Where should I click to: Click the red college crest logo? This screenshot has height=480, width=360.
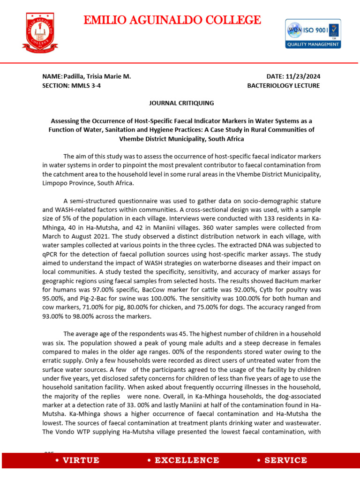click(40, 32)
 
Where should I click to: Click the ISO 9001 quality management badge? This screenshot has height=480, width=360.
click(313, 33)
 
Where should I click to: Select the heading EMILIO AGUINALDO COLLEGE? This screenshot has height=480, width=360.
click(172, 20)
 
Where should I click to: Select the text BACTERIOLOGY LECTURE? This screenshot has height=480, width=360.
click(283, 86)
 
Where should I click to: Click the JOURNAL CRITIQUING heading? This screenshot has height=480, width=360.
click(181, 103)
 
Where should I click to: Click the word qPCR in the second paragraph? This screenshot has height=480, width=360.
click(49, 254)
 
